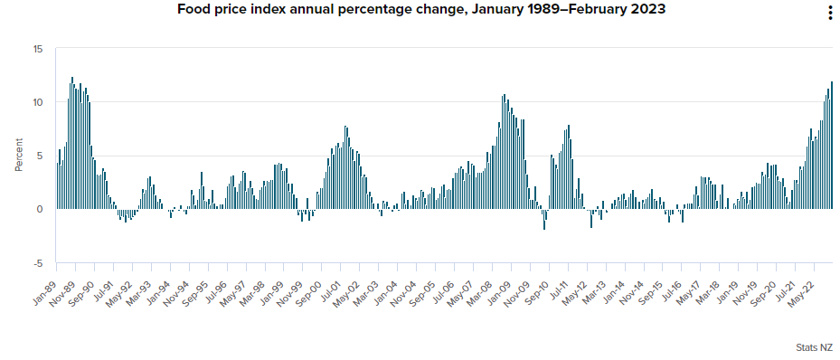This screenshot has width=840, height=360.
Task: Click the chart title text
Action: (421, 10)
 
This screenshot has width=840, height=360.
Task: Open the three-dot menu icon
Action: (830, 12)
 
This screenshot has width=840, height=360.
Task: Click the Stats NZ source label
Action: (815, 347)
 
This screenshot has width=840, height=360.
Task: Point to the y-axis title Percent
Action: (19, 155)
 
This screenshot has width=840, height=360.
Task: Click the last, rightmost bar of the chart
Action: (832, 146)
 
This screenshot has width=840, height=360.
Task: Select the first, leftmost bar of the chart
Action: (57, 186)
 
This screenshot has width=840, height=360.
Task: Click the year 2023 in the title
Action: (649, 10)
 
